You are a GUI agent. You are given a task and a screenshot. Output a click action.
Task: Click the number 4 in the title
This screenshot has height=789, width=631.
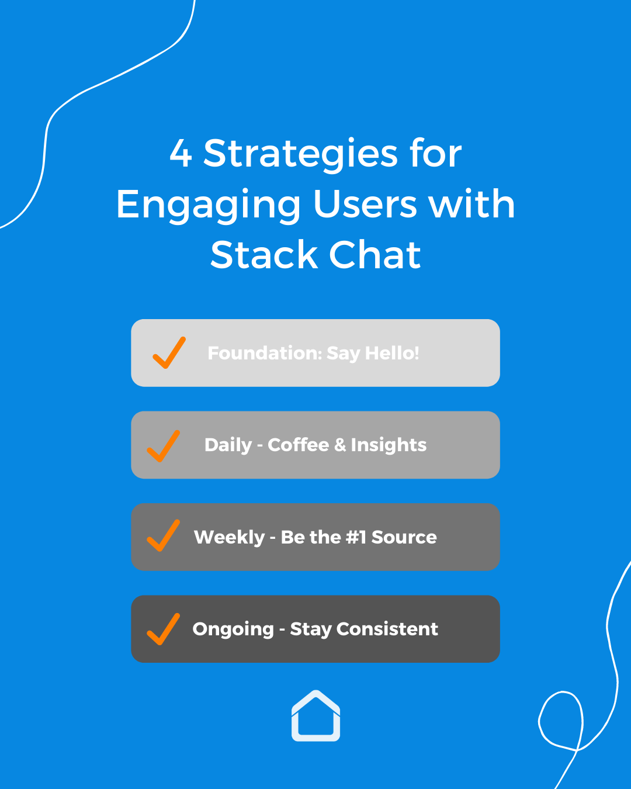tap(181, 154)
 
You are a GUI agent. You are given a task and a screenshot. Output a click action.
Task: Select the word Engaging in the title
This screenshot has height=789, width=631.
tap(209, 206)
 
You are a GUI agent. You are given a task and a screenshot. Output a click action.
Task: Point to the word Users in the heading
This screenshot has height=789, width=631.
tap(365, 205)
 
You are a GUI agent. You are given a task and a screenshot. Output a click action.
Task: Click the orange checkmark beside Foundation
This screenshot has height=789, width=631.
tap(169, 353)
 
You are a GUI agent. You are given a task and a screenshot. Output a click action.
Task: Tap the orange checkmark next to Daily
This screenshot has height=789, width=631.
tap(163, 446)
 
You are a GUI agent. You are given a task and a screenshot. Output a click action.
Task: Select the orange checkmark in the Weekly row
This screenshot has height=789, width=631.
tap(163, 536)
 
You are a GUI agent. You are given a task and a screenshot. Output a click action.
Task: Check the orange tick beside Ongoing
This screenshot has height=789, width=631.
tap(163, 629)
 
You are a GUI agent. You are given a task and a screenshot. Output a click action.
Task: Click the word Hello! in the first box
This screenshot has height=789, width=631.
tap(392, 353)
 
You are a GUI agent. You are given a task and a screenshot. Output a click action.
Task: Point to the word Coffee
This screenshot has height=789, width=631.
tap(298, 445)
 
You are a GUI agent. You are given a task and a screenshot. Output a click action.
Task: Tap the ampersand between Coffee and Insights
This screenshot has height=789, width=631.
tap(340, 445)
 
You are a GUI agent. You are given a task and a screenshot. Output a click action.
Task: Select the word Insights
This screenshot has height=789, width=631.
tap(389, 445)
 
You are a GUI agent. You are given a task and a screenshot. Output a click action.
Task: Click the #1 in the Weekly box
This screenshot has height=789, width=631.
tap(355, 537)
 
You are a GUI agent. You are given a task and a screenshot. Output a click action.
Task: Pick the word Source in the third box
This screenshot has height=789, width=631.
tap(404, 537)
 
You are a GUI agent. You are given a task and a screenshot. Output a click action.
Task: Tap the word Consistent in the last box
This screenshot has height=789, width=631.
tap(387, 629)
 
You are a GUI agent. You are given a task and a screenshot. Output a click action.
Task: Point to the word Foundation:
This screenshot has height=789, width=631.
tap(265, 353)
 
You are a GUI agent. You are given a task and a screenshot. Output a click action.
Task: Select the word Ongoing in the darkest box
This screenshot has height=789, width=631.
tap(233, 629)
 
